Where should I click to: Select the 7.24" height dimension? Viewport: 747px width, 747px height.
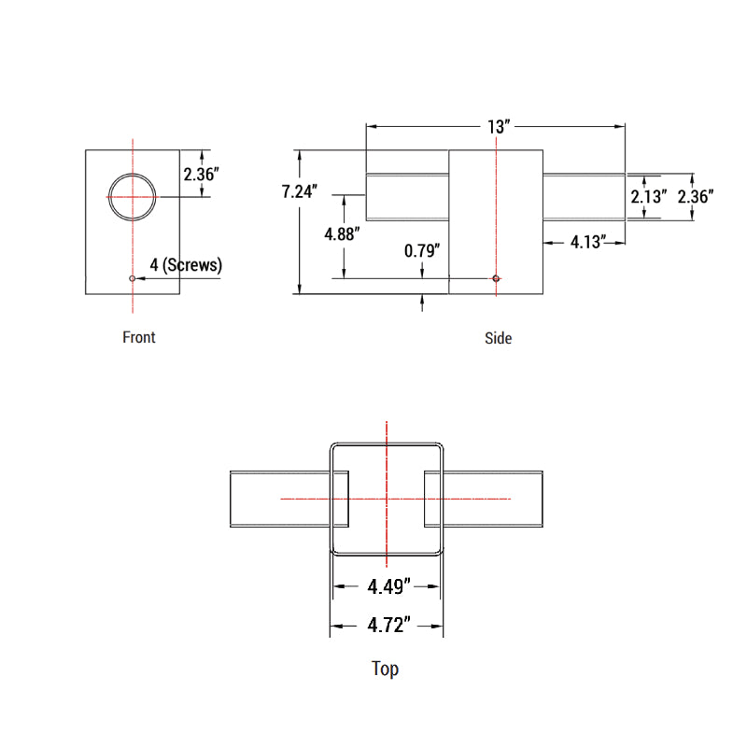point(300,192)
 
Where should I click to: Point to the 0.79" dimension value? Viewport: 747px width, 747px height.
point(422,250)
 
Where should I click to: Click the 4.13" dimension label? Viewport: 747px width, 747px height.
point(589,242)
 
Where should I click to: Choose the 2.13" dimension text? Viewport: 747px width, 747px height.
point(648,197)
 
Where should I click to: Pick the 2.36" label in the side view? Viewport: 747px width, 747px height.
point(696,197)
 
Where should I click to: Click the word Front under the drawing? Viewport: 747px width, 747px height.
point(139,337)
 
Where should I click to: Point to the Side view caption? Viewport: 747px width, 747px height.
point(498,338)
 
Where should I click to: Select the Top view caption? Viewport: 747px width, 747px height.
point(385,669)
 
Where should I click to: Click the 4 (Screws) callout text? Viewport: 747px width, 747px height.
point(186,264)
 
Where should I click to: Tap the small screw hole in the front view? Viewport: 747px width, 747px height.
point(133,278)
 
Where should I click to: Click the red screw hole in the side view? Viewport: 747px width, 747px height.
point(496,278)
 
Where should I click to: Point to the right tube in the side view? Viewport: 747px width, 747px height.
point(584,197)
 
